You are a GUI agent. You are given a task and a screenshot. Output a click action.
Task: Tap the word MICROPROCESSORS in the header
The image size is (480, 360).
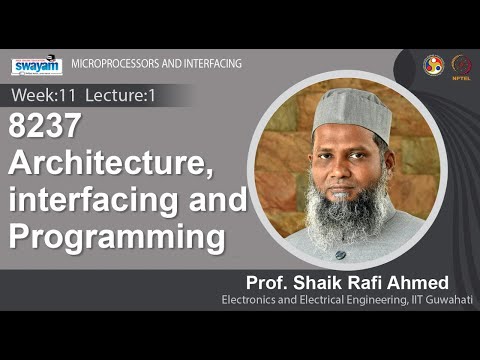[108, 64]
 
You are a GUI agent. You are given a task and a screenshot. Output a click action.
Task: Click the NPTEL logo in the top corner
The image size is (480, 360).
[462, 64]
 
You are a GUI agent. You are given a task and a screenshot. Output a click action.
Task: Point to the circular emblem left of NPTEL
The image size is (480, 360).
[433, 63]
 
